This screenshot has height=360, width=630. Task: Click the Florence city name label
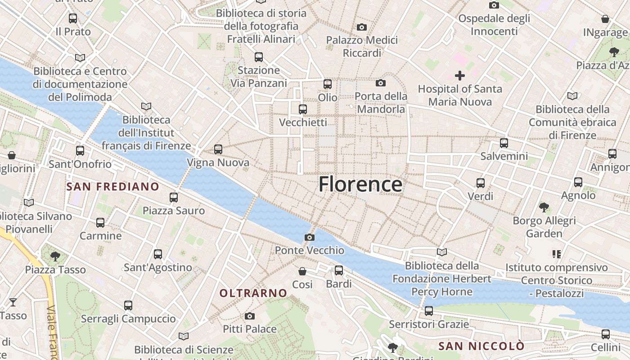[x=360, y=184]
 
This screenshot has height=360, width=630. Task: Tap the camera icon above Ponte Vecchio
[x=310, y=237]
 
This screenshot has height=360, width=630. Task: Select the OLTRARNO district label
[x=253, y=293]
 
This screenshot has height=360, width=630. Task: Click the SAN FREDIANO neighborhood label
[x=113, y=187]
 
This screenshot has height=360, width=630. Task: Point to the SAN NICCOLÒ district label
[x=481, y=346]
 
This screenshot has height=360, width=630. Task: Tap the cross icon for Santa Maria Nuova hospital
[x=459, y=75]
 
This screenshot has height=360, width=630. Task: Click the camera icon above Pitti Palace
[x=250, y=316]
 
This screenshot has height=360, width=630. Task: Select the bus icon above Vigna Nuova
[x=218, y=149]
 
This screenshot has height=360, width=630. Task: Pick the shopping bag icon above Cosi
[x=302, y=271]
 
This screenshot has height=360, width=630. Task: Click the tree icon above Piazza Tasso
[x=55, y=256]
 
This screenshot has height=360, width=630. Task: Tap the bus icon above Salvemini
[x=504, y=143]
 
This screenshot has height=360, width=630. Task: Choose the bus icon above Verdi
[x=481, y=183]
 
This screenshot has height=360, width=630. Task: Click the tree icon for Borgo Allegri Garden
[x=544, y=207]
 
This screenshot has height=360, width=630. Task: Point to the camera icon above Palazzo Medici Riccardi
[x=362, y=27]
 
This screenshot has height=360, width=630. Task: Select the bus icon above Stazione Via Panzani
[x=259, y=57]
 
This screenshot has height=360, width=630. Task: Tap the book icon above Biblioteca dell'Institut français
[x=146, y=107]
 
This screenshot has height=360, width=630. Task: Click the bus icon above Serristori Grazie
[x=429, y=311]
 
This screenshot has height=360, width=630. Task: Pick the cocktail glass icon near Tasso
[x=13, y=302]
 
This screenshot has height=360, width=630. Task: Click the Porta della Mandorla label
[x=381, y=103]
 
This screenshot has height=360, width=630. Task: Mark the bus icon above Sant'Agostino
[x=158, y=254]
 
